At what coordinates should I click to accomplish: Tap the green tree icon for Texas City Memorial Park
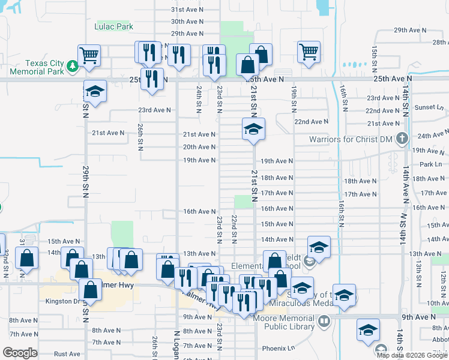[73, 65]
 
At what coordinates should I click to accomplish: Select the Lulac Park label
[113, 26]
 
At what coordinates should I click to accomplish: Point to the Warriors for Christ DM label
[353, 140]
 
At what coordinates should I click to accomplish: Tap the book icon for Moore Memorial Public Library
[324, 322]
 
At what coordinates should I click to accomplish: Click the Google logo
[20, 353]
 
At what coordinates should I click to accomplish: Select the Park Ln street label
[430, 164]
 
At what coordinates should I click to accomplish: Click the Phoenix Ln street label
[279, 348]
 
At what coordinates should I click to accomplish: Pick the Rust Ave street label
[67, 353]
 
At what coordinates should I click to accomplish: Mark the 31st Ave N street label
[187, 10]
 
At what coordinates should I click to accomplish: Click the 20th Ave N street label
[199, 147]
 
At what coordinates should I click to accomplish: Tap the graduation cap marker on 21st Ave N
[253, 129]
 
